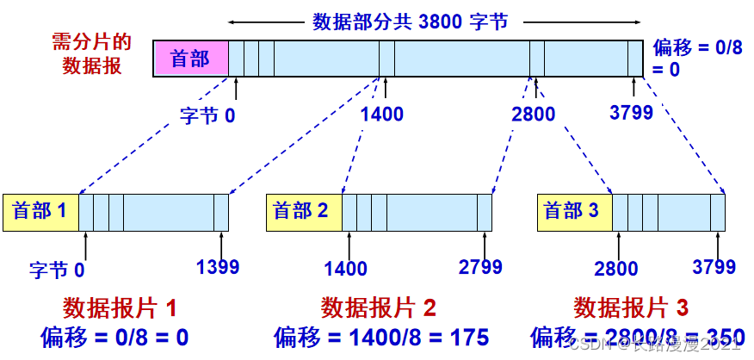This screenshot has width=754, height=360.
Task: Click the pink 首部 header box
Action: (191, 59)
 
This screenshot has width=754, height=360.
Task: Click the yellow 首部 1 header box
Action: (40, 212)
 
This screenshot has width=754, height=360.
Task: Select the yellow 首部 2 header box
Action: (304, 212)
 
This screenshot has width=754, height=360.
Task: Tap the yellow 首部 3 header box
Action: (575, 212)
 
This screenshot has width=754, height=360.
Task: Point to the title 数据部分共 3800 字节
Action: (410, 21)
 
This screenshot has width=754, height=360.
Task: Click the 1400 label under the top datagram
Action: (382, 114)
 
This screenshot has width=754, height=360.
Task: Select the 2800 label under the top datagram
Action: (533, 114)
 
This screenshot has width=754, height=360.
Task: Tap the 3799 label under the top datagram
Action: (631, 112)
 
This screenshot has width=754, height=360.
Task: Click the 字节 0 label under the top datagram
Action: (207, 114)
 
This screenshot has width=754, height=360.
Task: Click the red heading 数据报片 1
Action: (121, 307)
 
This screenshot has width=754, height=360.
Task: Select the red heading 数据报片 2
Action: (379, 307)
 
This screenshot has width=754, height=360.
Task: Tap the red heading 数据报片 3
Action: (631, 307)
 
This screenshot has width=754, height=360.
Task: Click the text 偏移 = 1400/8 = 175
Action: (381, 337)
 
